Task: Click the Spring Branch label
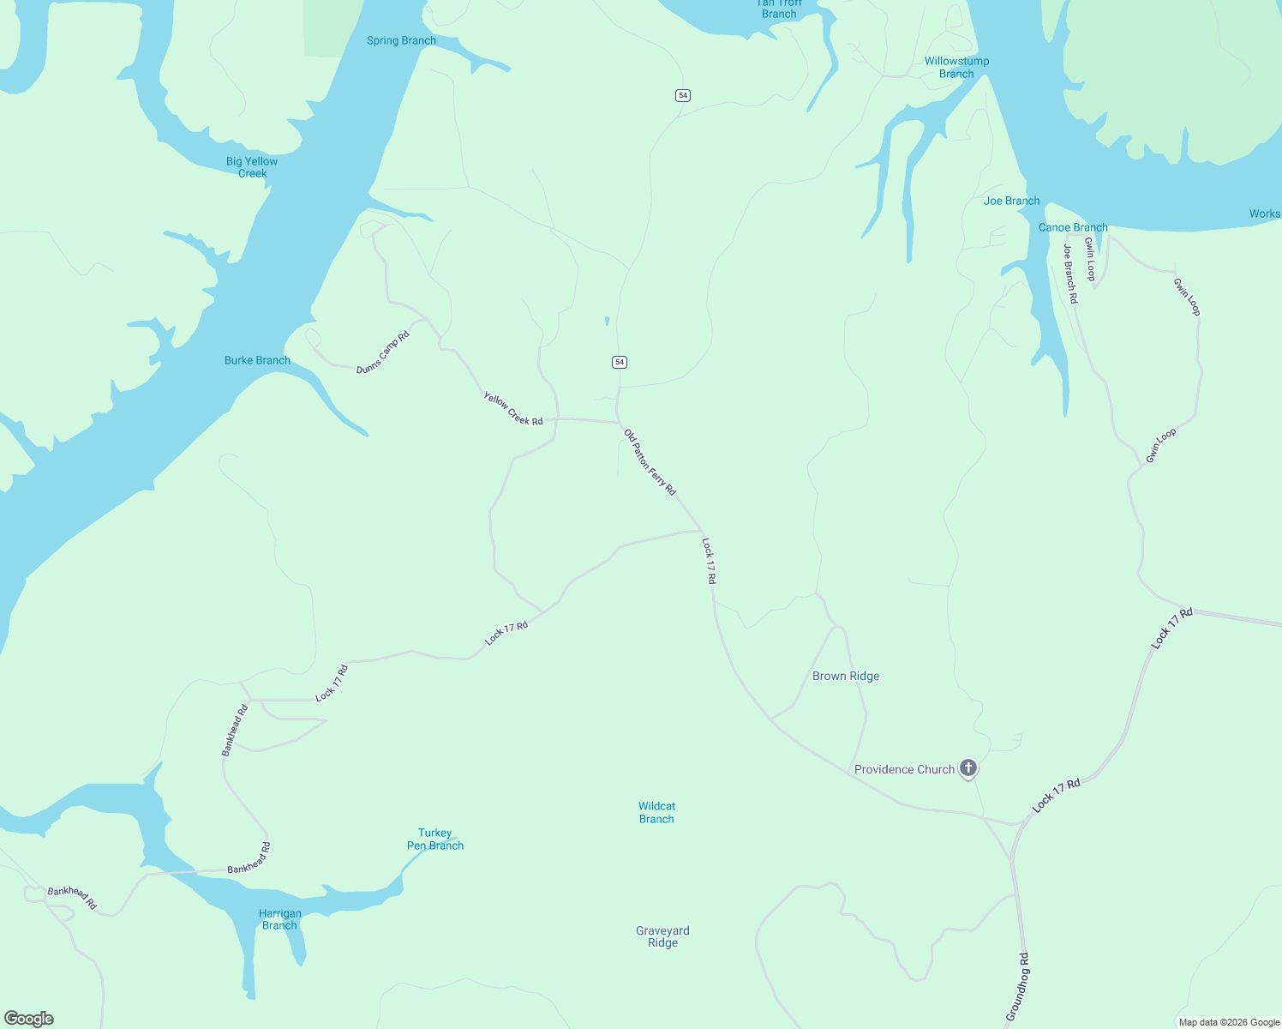(x=401, y=40)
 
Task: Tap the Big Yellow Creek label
(x=252, y=167)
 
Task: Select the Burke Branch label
(x=257, y=360)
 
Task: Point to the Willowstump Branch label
(x=956, y=67)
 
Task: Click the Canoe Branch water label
(x=1073, y=227)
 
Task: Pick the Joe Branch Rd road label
(x=1069, y=274)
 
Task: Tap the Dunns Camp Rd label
(x=383, y=352)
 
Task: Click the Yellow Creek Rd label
(x=513, y=408)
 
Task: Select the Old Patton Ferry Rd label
(x=650, y=462)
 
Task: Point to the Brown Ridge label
(x=846, y=676)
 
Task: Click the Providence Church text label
(x=904, y=769)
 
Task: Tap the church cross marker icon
(x=968, y=767)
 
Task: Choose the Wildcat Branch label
(x=656, y=812)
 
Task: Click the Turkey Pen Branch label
(x=435, y=839)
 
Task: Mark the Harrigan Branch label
(x=279, y=919)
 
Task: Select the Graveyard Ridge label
(x=662, y=936)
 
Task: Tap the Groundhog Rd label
(x=1017, y=986)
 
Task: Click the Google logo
(x=29, y=1019)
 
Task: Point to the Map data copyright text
(x=1229, y=1022)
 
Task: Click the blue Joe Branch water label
(x=1012, y=201)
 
